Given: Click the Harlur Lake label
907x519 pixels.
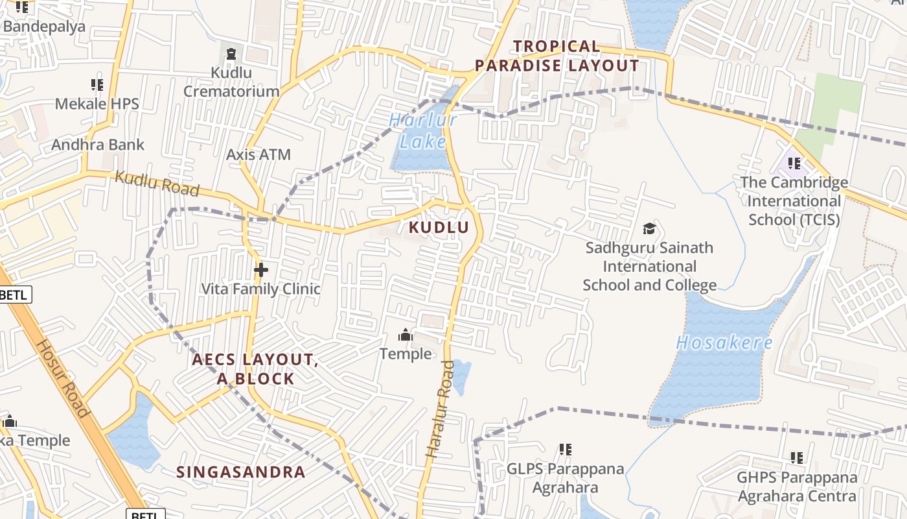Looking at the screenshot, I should coord(422,131).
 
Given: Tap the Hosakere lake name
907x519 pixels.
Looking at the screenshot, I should coord(724,343).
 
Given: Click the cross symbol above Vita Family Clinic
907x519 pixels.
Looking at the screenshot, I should coord(261,269).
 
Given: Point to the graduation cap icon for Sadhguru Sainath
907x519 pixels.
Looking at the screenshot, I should coord(649,228).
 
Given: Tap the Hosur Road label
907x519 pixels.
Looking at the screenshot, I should coord(62,378).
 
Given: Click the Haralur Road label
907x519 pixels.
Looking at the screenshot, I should coord(440,409).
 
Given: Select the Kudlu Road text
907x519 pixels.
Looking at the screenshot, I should coord(157,184).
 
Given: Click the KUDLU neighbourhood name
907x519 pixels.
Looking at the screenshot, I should coord(439,228).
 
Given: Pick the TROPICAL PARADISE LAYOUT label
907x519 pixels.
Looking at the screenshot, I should coord(557,56).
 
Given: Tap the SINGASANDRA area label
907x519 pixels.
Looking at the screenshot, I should coord(241,472).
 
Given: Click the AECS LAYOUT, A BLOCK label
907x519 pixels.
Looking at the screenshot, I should coord(255,369).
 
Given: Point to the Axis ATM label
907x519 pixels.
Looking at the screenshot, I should coord(258,155).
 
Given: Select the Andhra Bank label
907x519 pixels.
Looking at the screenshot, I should coord(98,145).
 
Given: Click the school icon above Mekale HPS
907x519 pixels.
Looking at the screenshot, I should coord(97,84).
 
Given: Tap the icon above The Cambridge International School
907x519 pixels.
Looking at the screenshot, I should coord(794,163).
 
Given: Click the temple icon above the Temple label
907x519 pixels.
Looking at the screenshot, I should coord(406,335).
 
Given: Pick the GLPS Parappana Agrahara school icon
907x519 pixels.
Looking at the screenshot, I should coord(566,449).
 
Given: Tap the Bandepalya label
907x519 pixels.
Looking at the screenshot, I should coord(44,27).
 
